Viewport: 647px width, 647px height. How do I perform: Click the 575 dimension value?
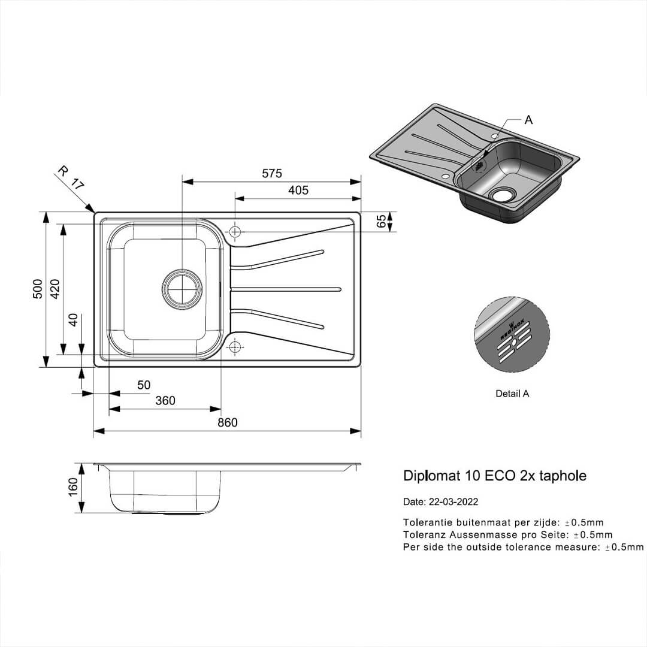pos(271,174)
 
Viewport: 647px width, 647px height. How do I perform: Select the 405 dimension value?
pos(298,191)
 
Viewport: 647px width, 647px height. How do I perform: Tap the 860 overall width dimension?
pos(227,422)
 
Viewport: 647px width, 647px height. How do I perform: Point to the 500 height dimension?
pos(38,289)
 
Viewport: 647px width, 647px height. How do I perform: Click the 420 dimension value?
pos(55,289)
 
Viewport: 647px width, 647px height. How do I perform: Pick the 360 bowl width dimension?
pos(165,401)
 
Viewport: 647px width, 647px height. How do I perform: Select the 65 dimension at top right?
pos(381,222)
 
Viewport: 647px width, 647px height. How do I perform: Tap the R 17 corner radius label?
pos(69,177)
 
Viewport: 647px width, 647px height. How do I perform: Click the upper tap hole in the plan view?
pos(235,231)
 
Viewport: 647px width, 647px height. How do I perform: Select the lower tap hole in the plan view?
pos(235,346)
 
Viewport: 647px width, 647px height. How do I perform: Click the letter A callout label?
pos(528,120)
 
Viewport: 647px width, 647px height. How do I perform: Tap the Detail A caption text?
pos(512,394)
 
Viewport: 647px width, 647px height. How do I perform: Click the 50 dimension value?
pos(144,385)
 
